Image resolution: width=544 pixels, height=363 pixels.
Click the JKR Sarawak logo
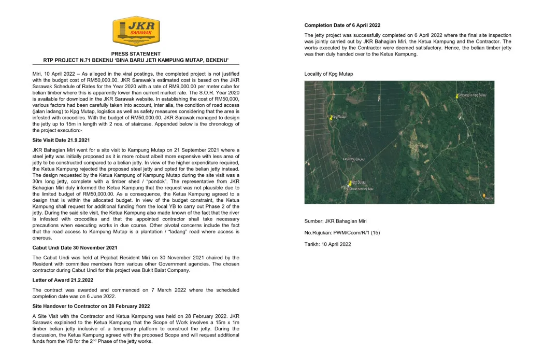coord(136,31)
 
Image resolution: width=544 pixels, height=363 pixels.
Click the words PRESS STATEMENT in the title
coord(136,54)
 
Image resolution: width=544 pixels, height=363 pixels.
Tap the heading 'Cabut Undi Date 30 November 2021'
coord(75,247)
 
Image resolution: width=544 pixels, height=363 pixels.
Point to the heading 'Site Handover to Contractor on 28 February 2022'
coord(91,306)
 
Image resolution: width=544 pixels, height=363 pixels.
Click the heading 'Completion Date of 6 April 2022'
coord(342,25)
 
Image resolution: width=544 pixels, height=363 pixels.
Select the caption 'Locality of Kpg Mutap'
coord(328,74)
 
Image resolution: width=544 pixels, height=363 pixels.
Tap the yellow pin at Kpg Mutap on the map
coord(331,118)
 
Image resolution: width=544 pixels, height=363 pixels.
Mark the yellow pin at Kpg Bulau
coord(349,183)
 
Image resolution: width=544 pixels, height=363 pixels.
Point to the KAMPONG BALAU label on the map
coord(354,159)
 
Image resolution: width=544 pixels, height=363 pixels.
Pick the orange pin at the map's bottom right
coord(484,196)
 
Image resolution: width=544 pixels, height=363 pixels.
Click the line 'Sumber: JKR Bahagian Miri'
coord(335,221)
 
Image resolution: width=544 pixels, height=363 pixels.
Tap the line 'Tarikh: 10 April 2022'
coord(327,244)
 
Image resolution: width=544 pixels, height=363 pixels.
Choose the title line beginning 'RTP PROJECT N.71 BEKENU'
coord(136,60)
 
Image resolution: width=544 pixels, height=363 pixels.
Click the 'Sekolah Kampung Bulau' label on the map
coord(362,189)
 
